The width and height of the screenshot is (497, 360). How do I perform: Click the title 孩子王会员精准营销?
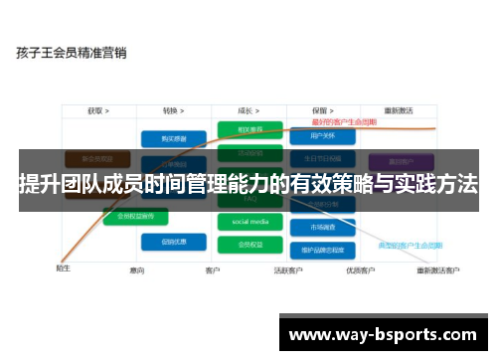click(71, 53)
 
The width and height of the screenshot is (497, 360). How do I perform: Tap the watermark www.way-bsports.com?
click(382, 334)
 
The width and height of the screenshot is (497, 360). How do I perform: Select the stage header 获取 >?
click(96, 110)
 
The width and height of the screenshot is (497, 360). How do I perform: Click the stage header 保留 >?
click(319, 110)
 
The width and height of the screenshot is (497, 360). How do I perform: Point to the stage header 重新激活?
click(400, 110)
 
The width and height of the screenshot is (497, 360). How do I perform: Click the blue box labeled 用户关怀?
click(319, 135)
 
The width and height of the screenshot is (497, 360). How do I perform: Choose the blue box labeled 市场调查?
click(319, 226)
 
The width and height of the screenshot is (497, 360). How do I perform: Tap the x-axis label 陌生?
click(63, 268)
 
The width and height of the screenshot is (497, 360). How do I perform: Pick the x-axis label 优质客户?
click(359, 270)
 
